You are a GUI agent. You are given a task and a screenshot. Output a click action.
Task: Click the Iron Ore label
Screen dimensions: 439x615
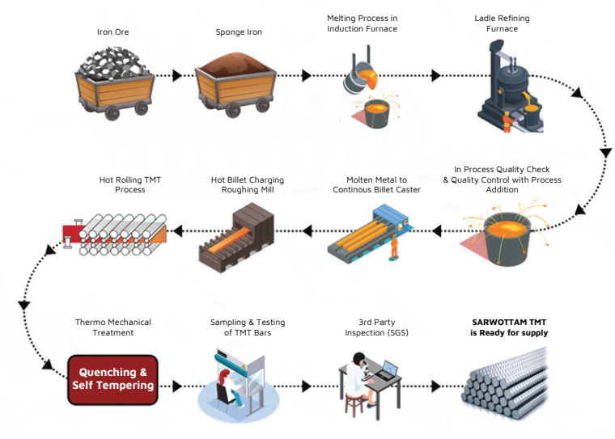[112, 33]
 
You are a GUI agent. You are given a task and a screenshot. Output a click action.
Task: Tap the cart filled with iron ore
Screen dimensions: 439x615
[112, 81]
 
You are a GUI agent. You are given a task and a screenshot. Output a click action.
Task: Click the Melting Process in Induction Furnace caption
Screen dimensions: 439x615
[362, 23]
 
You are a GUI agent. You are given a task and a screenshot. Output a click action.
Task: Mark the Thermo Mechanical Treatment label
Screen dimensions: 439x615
[112, 327]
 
